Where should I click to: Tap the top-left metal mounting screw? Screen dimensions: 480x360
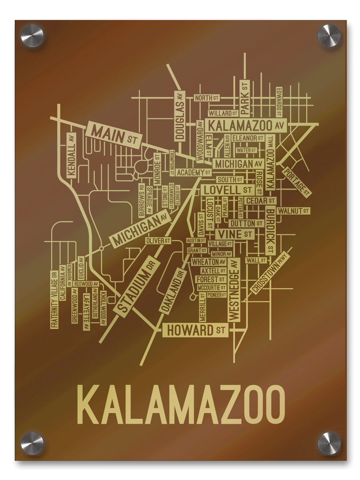tap(32, 36)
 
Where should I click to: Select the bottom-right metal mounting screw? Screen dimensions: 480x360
tap(329, 443)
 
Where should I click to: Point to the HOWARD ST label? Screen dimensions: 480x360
tap(195, 331)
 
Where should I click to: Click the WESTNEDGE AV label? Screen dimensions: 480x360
tap(234, 289)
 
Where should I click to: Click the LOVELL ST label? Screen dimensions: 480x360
tap(228, 189)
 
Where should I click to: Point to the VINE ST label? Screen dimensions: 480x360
tap(234, 234)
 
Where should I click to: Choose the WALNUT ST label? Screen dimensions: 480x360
tap(294, 210)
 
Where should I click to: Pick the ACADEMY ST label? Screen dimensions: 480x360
tap(194, 172)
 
